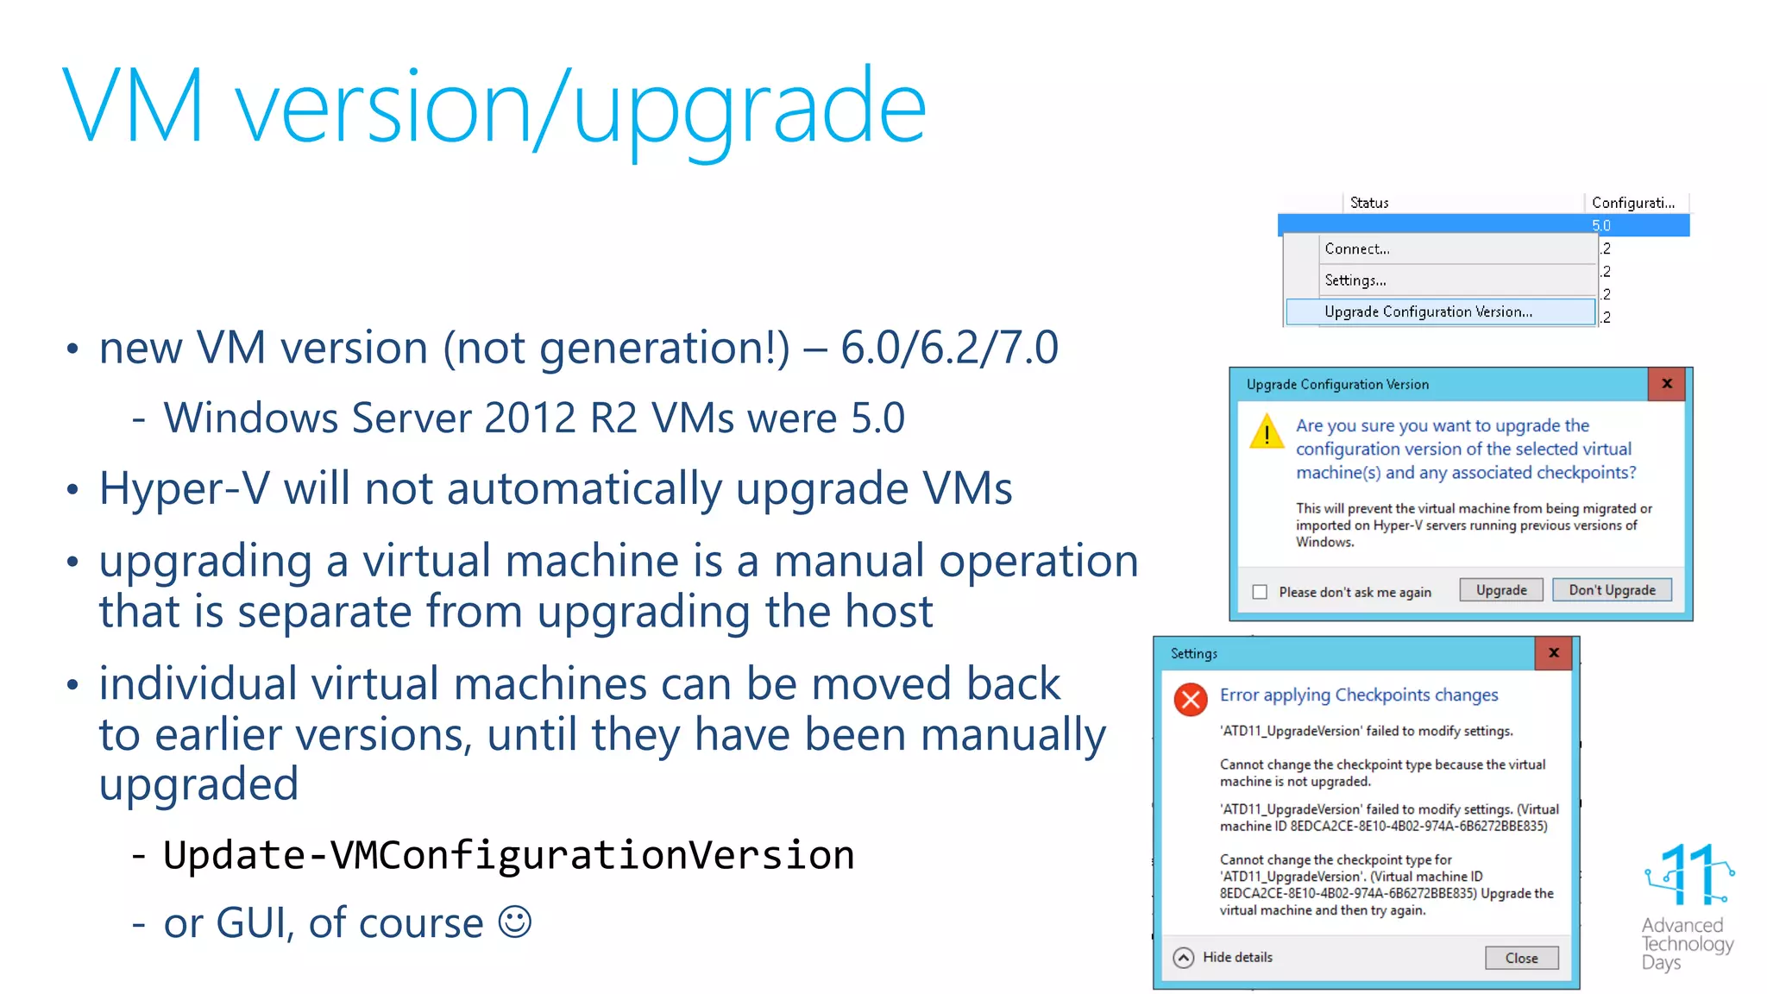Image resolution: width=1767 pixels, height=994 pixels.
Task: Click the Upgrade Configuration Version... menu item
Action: coord(1428,311)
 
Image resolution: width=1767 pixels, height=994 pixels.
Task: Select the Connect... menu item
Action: coord(1357,248)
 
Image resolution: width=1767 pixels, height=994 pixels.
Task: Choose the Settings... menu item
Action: coord(1355,280)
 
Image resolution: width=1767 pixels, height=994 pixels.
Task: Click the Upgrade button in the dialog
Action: coord(1500,590)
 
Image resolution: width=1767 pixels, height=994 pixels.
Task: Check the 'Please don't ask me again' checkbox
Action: coord(1260,592)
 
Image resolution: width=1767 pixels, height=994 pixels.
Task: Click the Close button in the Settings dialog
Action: coord(1521,958)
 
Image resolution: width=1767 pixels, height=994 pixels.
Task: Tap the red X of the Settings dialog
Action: coord(1554,653)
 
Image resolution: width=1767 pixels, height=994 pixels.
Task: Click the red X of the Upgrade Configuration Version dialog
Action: coord(1667,384)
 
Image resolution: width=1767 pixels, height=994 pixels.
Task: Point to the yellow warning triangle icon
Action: coord(1267,431)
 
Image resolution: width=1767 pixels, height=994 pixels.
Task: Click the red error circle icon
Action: coord(1191,699)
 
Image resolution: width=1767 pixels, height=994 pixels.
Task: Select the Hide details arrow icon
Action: coord(1184,958)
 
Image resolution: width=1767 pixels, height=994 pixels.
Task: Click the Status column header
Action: coord(1369,203)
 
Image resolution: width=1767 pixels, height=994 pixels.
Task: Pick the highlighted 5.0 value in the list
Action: coord(1601,225)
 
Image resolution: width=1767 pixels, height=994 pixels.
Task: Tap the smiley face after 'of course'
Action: coord(515,922)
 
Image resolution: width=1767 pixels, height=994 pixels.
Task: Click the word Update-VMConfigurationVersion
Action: coord(508,855)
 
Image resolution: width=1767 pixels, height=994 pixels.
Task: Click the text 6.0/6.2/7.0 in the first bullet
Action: coord(949,348)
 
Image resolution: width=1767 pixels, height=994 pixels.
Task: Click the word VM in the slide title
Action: coord(134,108)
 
